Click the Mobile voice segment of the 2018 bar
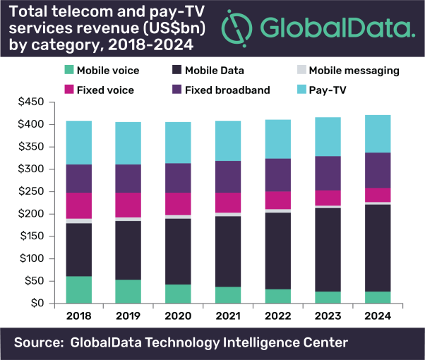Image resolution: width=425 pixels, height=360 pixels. (x=79, y=289)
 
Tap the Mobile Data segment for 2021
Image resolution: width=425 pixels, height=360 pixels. (x=228, y=251)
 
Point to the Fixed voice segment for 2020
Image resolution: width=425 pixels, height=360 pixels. (x=179, y=203)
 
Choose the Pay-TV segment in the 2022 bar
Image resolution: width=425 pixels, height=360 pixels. (x=277, y=139)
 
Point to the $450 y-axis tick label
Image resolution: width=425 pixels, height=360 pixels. (x=32, y=102)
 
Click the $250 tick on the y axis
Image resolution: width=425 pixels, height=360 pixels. (x=32, y=191)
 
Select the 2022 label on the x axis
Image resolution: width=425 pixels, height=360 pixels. (x=277, y=316)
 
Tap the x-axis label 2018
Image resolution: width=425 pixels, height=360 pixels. (x=79, y=316)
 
